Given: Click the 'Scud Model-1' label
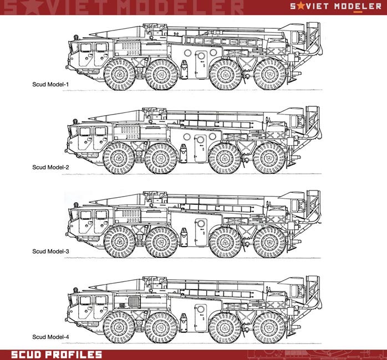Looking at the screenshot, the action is pyautogui.click(x=50, y=84).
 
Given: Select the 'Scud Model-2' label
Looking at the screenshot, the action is pyautogui.click(x=50, y=167).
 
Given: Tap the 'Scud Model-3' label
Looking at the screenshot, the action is pyautogui.click(x=50, y=251).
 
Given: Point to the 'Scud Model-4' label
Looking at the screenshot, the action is pyautogui.click(x=50, y=337).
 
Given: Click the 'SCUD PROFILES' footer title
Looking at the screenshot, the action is pyautogui.click(x=57, y=354).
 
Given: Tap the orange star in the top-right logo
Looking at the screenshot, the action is pyautogui.click(x=301, y=6).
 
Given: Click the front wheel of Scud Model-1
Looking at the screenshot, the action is pyautogui.click(x=120, y=74).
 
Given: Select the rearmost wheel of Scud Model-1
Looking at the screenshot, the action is pyautogui.click(x=270, y=74).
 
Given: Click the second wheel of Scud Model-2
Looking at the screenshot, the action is pyautogui.click(x=161, y=158).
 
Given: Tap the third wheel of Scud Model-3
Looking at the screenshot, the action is pyautogui.click(x=225, y=243).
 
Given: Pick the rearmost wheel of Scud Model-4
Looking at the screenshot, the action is pyautogui.click(x=269, y=328).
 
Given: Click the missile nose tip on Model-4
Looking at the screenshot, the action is pyautogui.click(x=90, y=287).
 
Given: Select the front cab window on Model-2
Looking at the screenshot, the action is pyautogui.click(x=85, y=131).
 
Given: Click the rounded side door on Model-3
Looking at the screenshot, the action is pyautogui.click(x=201, y=232).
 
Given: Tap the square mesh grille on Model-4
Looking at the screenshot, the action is pyautogui.click(x=134, y=302).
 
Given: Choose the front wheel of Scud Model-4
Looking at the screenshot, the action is pyautogui.click(x=119, y=328).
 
